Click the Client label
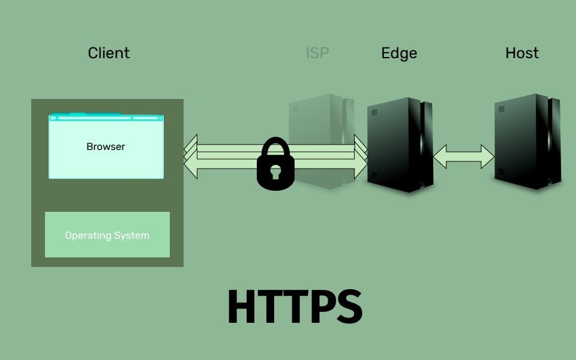(109, 53)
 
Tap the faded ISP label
(317, 53)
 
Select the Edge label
(399, 53)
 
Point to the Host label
(522, 53)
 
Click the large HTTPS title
(294, 307)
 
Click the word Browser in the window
(106, 146)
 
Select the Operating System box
(107, 235)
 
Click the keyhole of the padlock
(275, 173)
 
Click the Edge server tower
(399, 144)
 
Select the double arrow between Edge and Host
(463, 157)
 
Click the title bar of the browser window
(106, 118)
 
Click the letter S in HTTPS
(347, 307)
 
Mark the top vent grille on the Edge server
(374, 112)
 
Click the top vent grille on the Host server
(501, 109)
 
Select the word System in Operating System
(133, 235)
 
